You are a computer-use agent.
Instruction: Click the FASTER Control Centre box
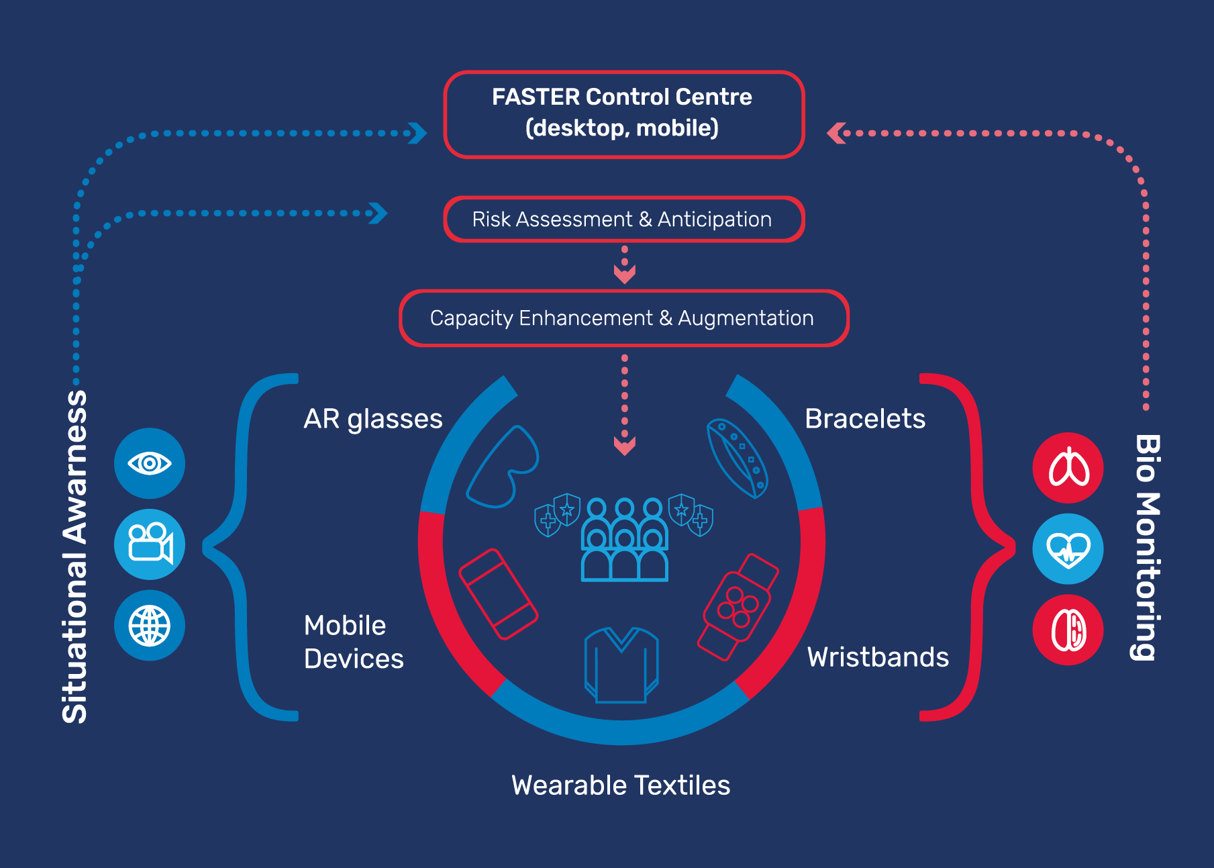click(623, 114)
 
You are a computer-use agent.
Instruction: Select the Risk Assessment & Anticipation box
click(623, 220)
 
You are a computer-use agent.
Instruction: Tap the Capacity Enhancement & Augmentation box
click(623, 318)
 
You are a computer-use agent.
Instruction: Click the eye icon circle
click(150, 463)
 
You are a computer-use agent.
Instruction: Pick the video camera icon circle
click(150, 544)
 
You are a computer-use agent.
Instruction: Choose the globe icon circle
click(150, 626)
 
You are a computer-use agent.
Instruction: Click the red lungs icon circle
click(1068, 468)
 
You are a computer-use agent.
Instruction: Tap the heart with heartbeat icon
click(1068, 549)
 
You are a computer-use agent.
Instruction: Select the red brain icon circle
click(1068, 630)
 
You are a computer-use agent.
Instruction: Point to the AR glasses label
click(373, 419)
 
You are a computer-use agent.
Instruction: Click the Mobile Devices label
click(354, 642)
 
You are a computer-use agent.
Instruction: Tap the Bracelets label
click(865, 419)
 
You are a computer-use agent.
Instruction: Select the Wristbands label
click(878, 657)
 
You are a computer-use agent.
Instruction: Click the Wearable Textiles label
click(621, 785)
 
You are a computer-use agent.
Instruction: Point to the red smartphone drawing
click(499, 594)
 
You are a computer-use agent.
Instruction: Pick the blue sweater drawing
click(621, 665)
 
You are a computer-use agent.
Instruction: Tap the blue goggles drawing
click(503, 467)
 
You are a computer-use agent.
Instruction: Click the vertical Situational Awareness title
click(74, 557)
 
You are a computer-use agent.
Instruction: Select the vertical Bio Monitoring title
click(1147, 547)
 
